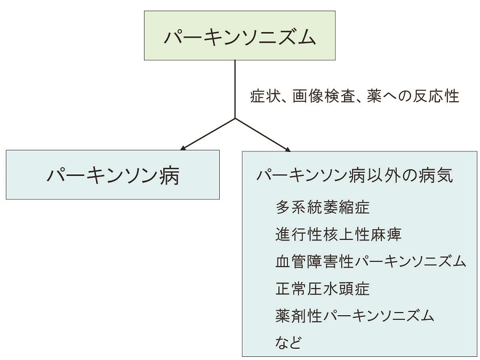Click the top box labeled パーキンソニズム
240,35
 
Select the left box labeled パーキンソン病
113,175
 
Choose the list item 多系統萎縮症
323,206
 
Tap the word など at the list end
289,342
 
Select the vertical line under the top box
235,88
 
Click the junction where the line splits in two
235,118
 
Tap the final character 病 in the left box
168,175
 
